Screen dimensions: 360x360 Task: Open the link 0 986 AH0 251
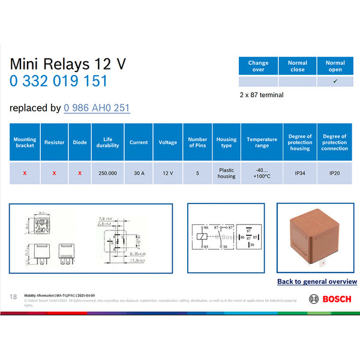click(x=97, y=108)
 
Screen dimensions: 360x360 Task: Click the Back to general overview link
click(x=317, y=281)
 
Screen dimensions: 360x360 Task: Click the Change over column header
click(x=258, y=66)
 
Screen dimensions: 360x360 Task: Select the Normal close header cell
click(x=297, y=66)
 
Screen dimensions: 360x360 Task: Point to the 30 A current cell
click(x=139, y=173)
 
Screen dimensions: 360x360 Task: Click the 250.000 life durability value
click(x=108, y=173)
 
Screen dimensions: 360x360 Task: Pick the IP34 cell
click(x=300, y=173)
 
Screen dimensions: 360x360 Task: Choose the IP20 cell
click(x=334, y=173)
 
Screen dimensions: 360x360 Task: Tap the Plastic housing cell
click(x=226, y=173)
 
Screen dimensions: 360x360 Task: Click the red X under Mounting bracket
click(x=25, y=173)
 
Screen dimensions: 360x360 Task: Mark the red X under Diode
click(x=79, y=173)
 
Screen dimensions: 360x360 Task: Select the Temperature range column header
click(x=262, y=142)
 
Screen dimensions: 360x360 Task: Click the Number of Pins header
click(x=197, y=142)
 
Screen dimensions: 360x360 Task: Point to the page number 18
click(x=13, y=297)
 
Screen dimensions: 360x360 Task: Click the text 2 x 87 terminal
click(x=261, y=94)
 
